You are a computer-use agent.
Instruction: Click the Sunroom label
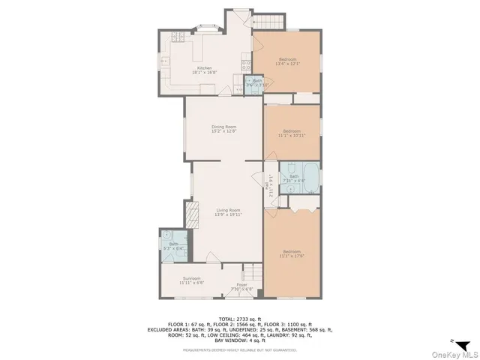point(190,280)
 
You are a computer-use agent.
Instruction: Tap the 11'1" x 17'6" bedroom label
point(292,253)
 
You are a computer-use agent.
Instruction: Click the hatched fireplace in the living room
point(191,217)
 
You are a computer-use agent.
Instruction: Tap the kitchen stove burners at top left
point(178,37)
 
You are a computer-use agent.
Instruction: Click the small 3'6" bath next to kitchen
point(256,82)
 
